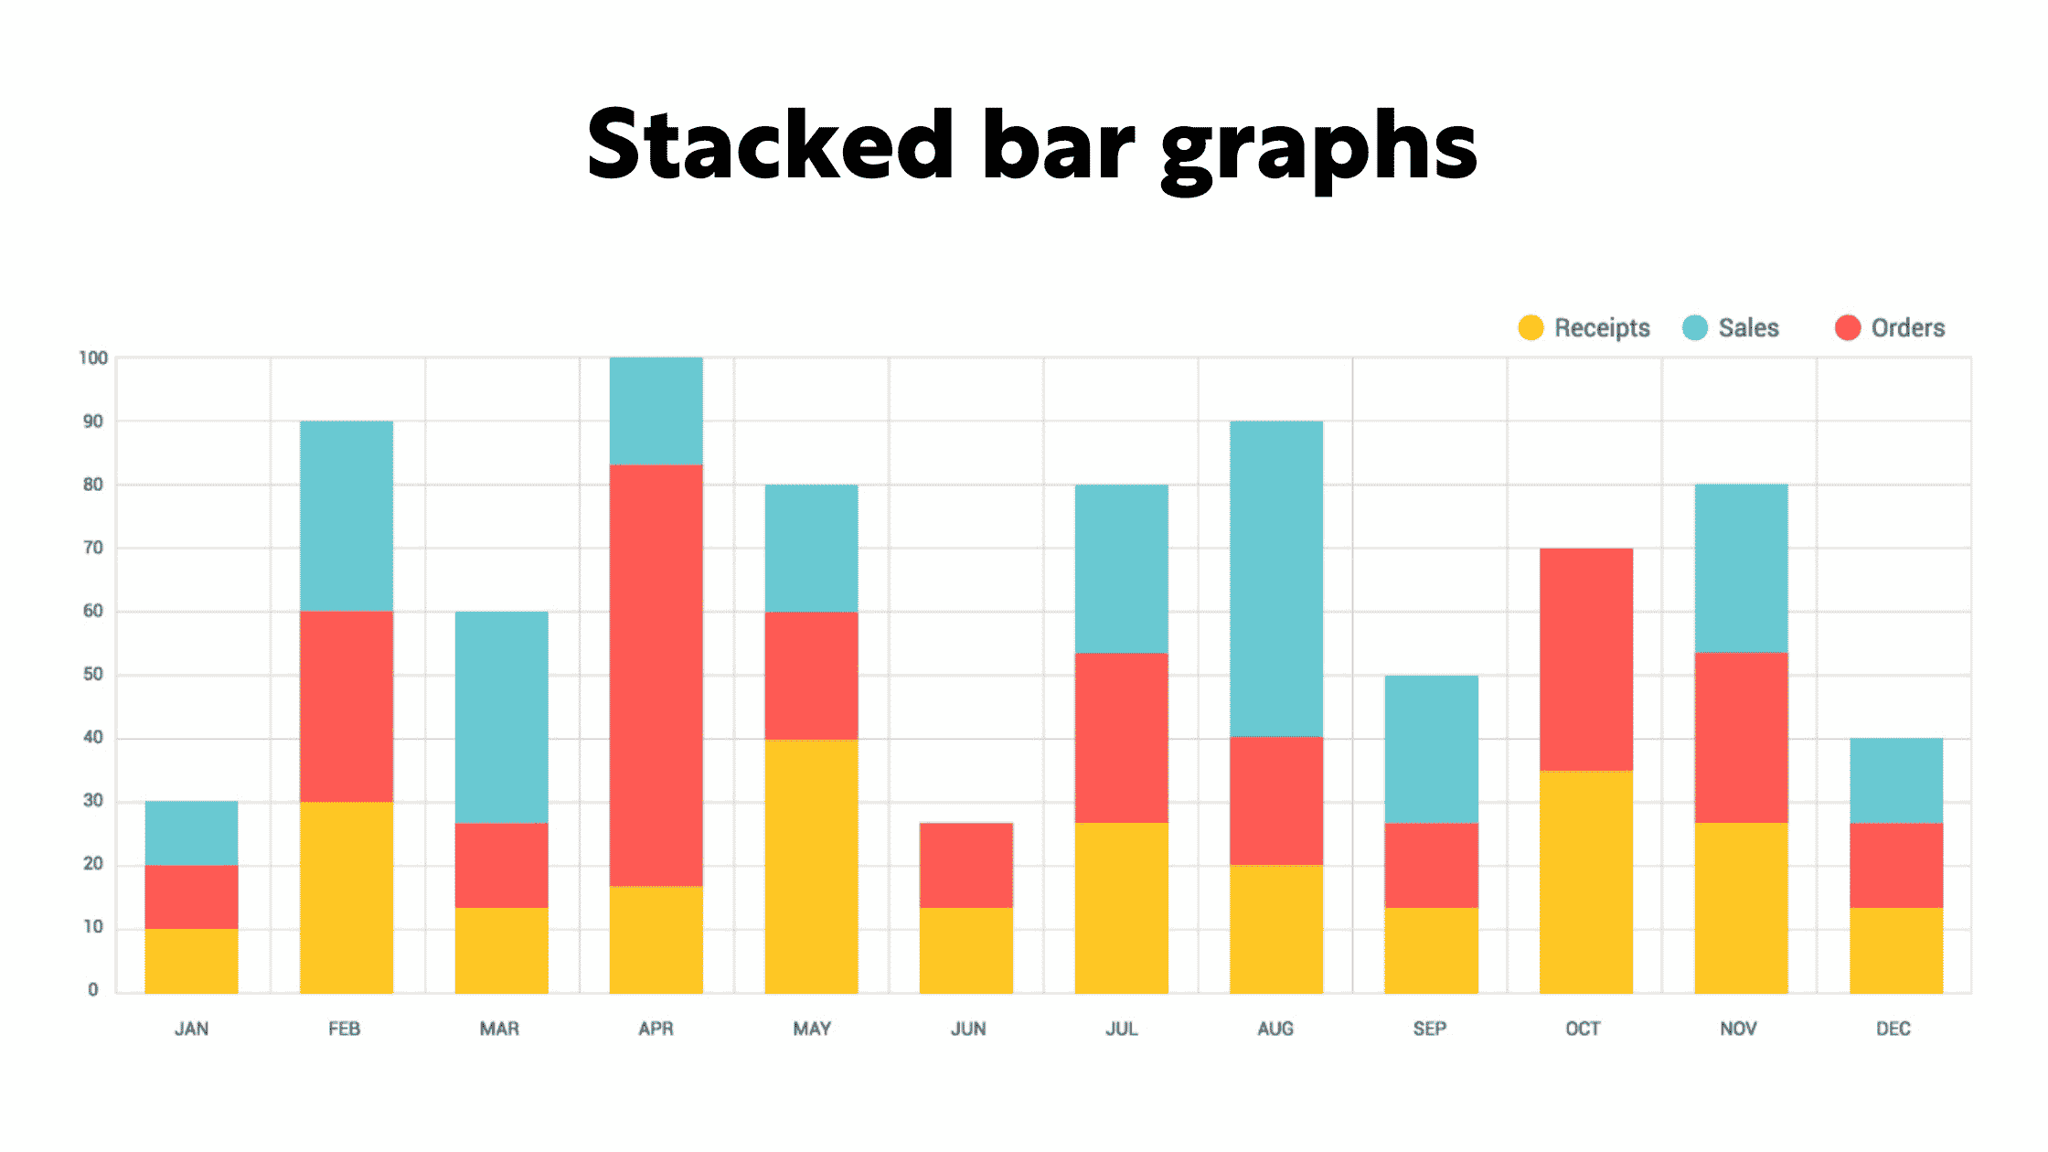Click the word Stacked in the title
tap(770, 146)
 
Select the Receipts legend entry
tap(1601, 327)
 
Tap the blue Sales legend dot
tap(1695, 327)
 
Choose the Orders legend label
tap(1907, 327)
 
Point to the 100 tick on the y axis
tap(93, 357)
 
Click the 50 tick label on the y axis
tap(93, 674)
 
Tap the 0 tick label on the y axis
tap(93, 989)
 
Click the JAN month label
tap(191, 1029)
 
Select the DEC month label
tap(1893, 1029)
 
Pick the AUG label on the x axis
tap(1275, 1029)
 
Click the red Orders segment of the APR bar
tap(656, 675)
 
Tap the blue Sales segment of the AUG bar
tap(1276, 578)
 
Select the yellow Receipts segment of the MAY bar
tap(812, 866)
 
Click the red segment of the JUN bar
tap(966, 865)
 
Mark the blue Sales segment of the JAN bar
tap(191, 833)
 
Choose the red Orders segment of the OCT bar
tap(1586, 659)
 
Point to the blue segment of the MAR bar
tap(502, 717)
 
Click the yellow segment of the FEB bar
tap(347, 897)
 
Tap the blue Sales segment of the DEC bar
tap(1896, 780)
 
